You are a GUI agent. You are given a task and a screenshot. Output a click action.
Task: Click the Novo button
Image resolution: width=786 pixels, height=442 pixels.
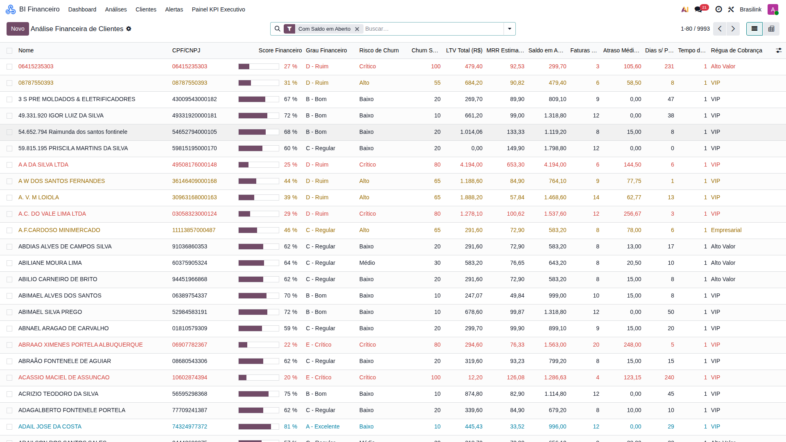[x=18, y=29]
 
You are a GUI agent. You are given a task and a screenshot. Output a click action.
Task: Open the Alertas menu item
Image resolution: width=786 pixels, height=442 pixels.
[x=174, y=9]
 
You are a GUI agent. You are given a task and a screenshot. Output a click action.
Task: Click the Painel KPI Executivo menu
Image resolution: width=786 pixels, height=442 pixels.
[x=218, y=9]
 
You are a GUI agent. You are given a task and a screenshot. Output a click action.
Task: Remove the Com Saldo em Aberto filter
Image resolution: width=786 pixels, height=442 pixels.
[x=357, y=29]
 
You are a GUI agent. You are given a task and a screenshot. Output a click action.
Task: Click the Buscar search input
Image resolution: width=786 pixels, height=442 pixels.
[x=433, y=29]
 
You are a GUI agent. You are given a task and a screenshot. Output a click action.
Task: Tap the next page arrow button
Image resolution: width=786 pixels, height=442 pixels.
[x=733, y=29]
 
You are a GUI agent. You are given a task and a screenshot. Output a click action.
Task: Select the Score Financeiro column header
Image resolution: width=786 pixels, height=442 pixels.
[x=280, y=50]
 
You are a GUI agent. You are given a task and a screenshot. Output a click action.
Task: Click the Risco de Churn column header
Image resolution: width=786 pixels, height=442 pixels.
[x=379, y=50]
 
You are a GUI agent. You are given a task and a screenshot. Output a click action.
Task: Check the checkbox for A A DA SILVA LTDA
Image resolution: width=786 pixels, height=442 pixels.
[x=9, y=165]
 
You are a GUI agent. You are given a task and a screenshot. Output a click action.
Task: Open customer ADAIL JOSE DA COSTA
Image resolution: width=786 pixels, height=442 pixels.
[x=50, y=426]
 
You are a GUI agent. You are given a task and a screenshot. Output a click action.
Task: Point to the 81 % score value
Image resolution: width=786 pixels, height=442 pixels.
[x=291, y=426]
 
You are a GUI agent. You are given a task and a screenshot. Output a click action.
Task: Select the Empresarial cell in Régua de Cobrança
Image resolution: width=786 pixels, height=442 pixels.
[x=726, y=230]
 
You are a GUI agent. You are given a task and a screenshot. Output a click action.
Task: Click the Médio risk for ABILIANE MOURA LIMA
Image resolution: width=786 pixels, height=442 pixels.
[x=367, y=263]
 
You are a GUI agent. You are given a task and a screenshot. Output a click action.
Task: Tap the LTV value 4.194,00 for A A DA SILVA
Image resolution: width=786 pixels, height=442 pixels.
[x=471, y=165]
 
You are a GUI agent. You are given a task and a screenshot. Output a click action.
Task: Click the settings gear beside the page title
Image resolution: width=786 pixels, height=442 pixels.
[x=129, y=29]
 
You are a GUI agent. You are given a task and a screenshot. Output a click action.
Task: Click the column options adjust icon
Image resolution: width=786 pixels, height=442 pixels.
[x=779, y=50]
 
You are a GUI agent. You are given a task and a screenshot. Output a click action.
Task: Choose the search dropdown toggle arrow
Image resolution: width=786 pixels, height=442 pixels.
[x=510, y=29]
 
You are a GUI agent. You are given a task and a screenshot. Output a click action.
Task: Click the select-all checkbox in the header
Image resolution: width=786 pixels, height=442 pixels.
[x=9, y=51]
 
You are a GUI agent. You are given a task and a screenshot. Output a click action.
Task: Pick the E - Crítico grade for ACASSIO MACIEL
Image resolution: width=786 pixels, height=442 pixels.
[x=318, y=377]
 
